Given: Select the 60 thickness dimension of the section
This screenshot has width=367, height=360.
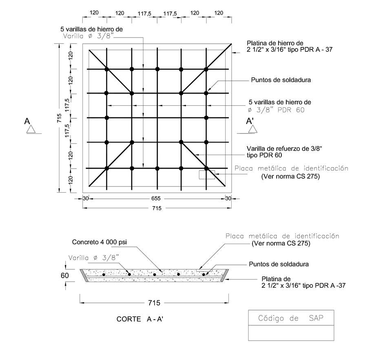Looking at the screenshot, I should (65, 276).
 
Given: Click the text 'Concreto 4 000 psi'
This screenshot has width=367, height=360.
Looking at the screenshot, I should (99, 242).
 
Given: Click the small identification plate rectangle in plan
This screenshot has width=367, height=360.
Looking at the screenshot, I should (207, 175).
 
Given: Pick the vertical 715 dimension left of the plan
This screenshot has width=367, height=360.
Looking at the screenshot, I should (59, 118).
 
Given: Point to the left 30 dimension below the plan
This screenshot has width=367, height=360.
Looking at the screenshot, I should (86, 198).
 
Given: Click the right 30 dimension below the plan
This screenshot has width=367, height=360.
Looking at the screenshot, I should (228, 198).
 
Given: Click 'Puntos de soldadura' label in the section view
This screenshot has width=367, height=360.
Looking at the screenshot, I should (280, 264).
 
